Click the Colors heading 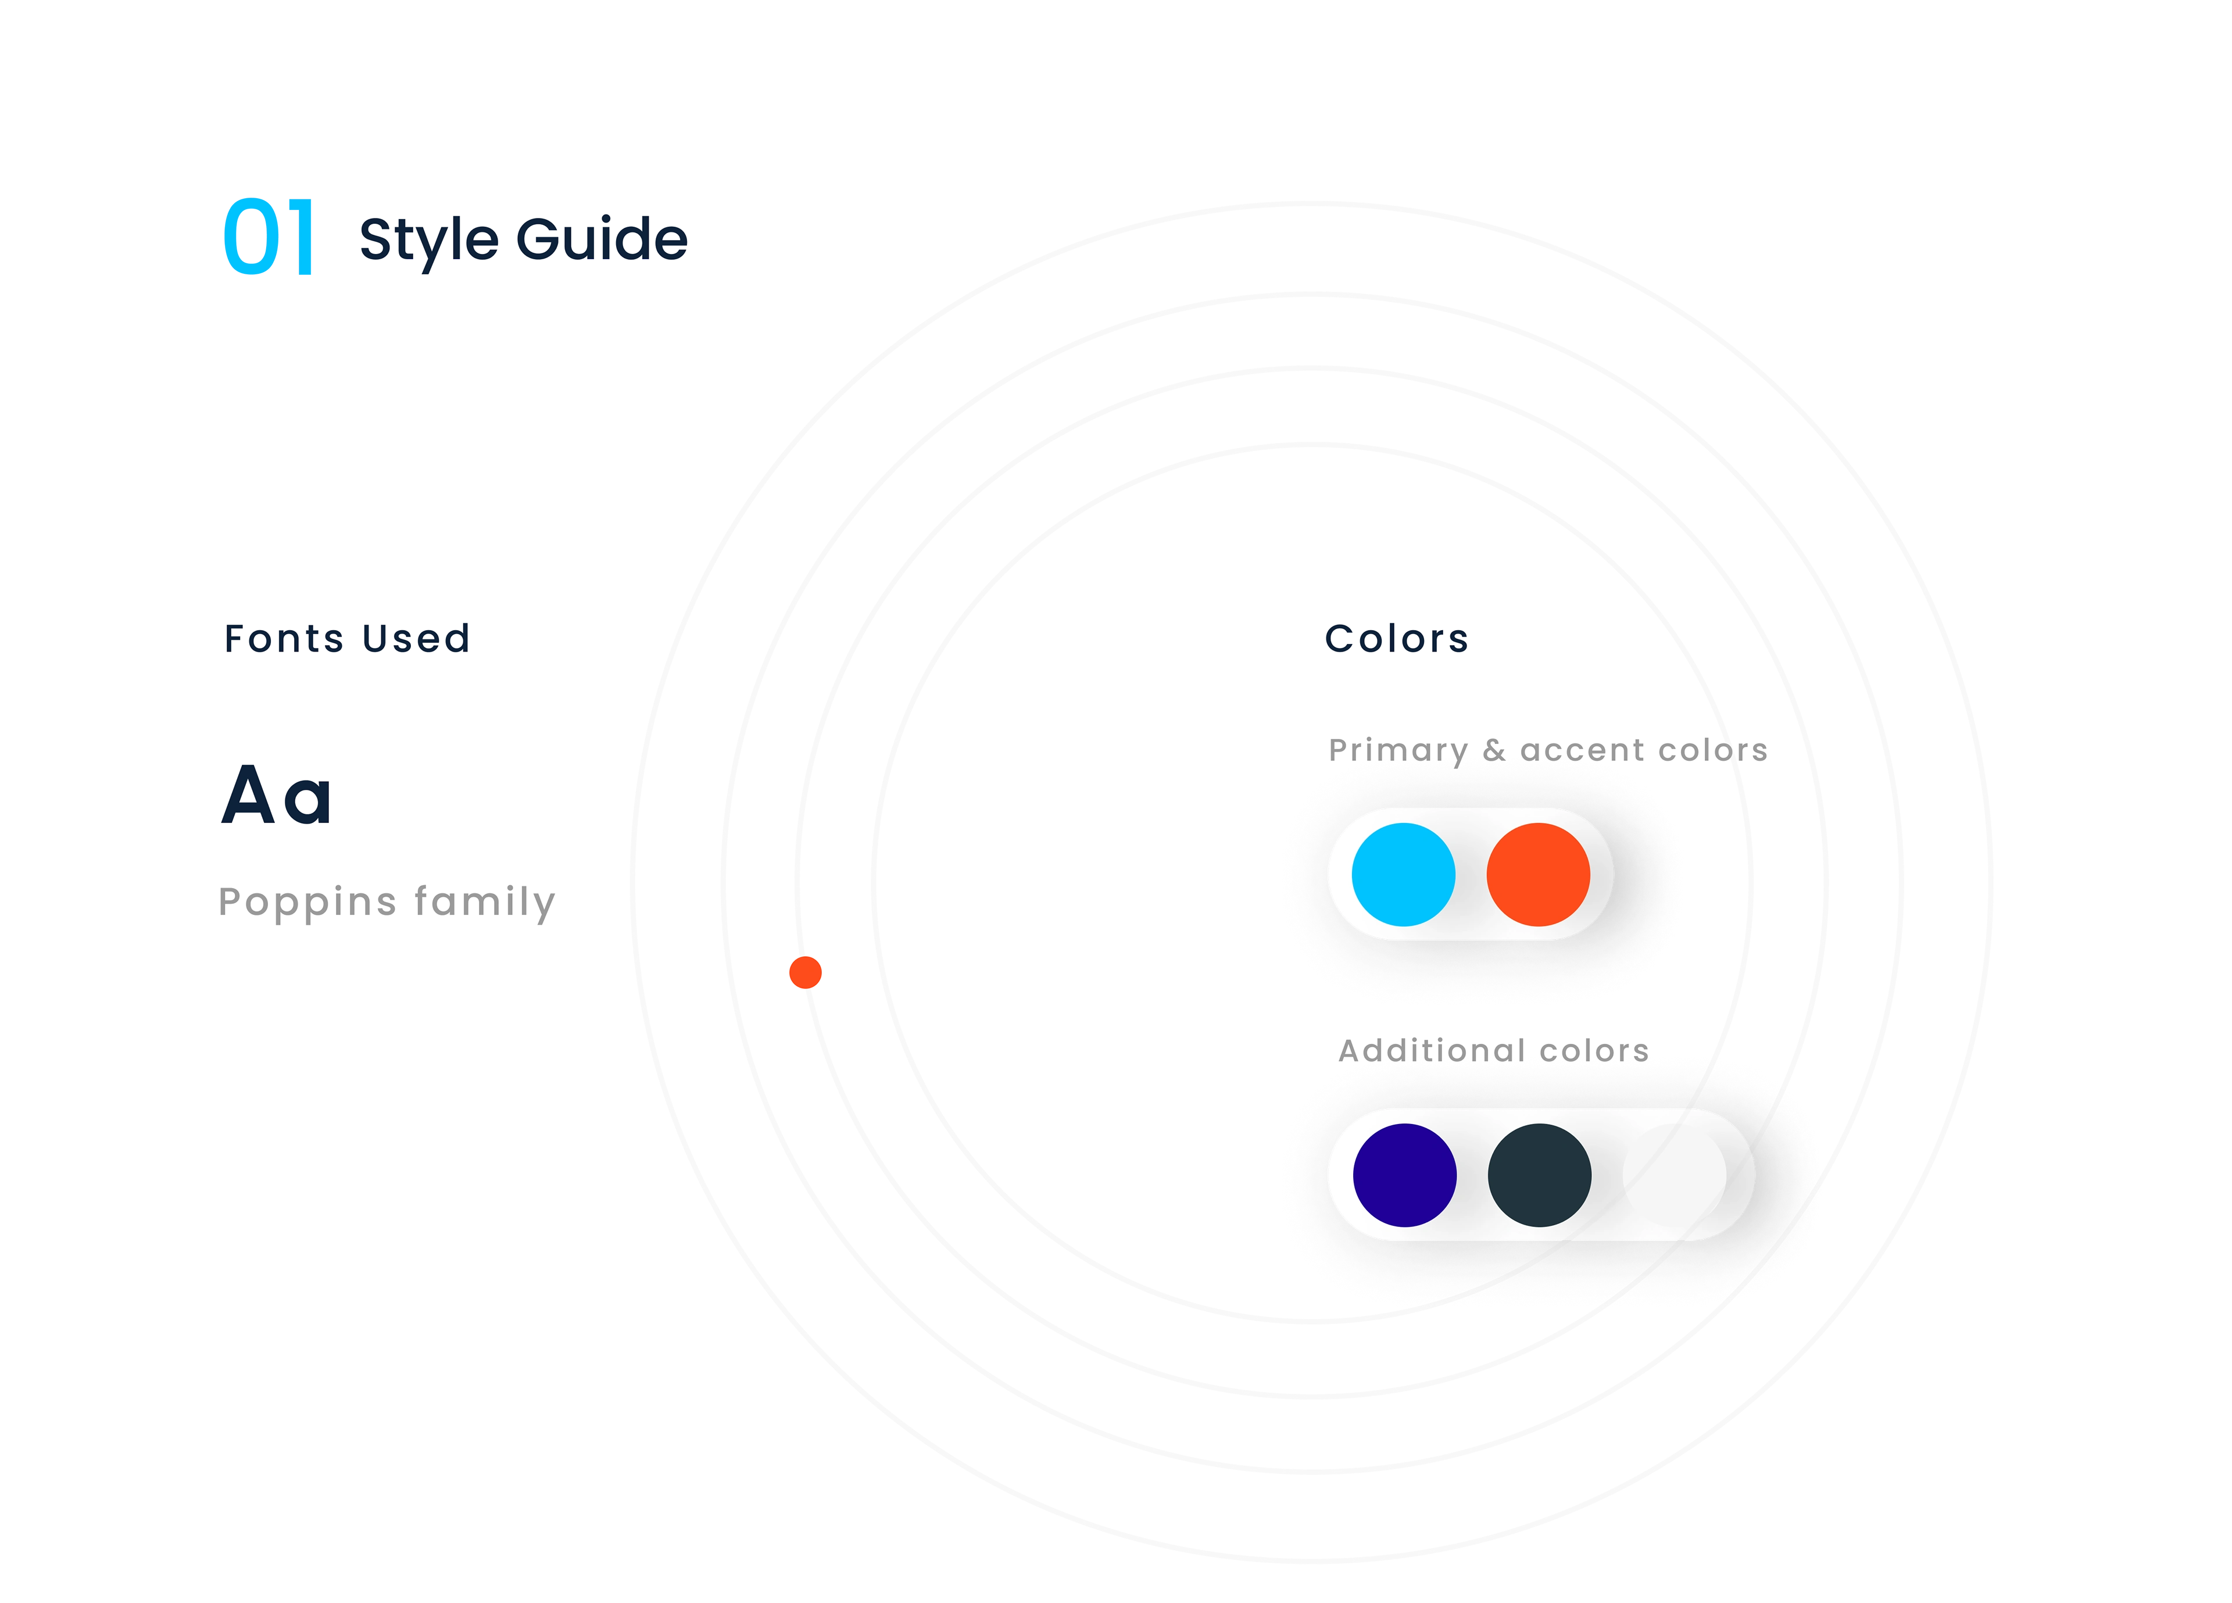[x=1397, y=639]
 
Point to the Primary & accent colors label [x=1547, y=749]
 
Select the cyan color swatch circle [x=1403, y=874]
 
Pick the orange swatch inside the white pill [x=1538, y=874]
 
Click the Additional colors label [x=1494, y=1049]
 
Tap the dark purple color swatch [x=1404, y=1175]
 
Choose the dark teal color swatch [x=1539, y=1175]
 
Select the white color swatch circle [x=1674, y=1175]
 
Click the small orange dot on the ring [x=805, y=972]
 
